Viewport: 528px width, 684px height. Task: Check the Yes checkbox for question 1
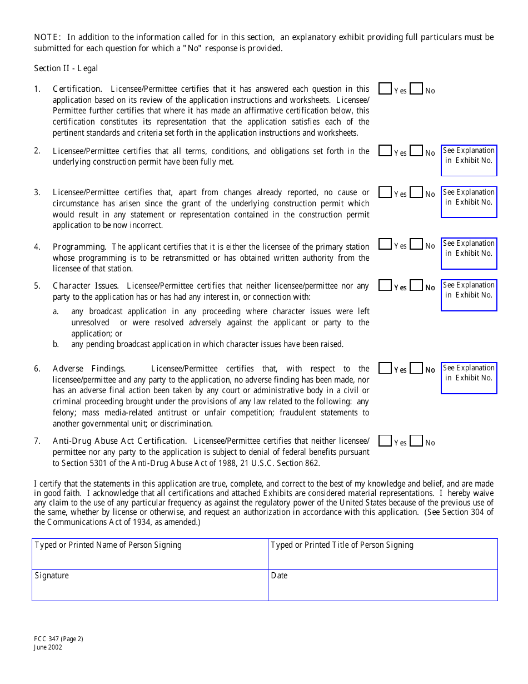[385, 89]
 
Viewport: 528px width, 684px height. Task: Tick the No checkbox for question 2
[416, 151]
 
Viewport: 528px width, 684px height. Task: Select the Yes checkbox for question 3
[385, 192]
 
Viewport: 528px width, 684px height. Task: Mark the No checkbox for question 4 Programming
[416, 244]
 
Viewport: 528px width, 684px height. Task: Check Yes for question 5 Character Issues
[385, 286]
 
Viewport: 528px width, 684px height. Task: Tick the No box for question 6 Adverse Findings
[416, 368]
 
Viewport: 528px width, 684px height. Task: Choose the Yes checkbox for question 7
[385, 441]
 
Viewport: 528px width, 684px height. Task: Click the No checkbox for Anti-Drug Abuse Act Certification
[416, 441]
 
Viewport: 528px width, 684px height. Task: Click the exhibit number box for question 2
[469, 160]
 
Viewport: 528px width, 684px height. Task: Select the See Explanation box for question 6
[469, 378]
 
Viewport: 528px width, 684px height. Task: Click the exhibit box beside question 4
[469, 254]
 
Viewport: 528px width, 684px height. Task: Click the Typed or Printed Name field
[150, 554]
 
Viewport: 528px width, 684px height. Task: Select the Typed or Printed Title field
[382, 554]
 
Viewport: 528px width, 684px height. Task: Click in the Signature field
[150, 586]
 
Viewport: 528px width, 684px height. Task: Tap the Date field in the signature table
[382, 586]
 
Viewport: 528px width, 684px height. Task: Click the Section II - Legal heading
[66, 68]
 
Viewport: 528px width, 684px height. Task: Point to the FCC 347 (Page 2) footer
[58, 639]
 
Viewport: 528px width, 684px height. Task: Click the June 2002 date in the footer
[48, 647]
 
